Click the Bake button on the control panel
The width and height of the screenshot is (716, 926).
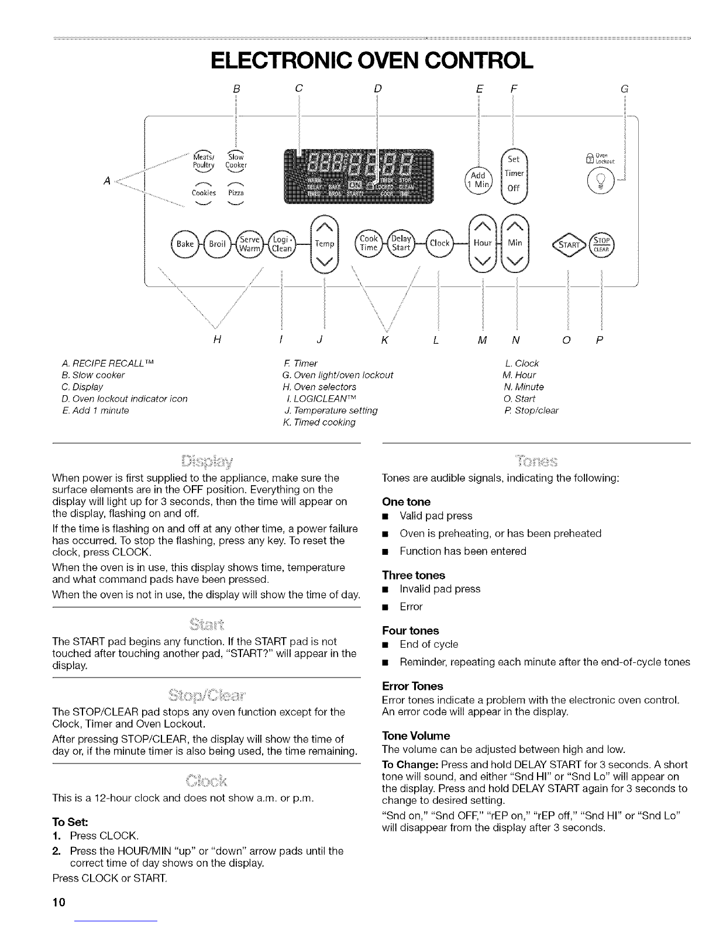184,243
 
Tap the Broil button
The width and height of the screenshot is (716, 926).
217,243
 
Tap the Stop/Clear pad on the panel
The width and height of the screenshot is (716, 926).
601,244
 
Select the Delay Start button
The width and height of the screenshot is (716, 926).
402,243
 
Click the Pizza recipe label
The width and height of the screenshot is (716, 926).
235,193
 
